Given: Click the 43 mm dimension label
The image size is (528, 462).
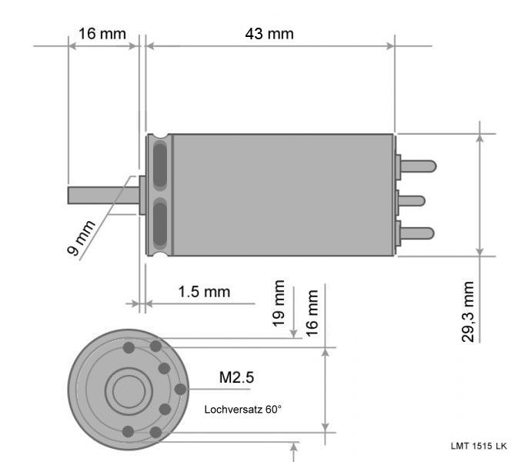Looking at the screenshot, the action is (x=269, y=34).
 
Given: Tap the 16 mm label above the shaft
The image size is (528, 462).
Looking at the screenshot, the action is (x=102, y=34).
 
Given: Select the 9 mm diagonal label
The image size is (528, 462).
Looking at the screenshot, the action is (x=81, y=238).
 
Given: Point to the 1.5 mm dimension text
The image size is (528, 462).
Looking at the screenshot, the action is (x=204, y=292).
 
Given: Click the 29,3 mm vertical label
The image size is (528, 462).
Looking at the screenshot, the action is (x=468, y=312).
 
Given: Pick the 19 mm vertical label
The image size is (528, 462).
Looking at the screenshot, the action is (x=279, y=303).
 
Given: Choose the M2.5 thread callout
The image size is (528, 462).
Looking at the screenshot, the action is (x=236, y=377).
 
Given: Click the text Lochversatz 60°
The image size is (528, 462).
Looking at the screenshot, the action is (x=242, y=410).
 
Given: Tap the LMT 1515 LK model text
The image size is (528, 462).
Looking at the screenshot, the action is (x=479, y=446).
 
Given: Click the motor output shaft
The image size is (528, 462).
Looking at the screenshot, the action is (x=103, y=196).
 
